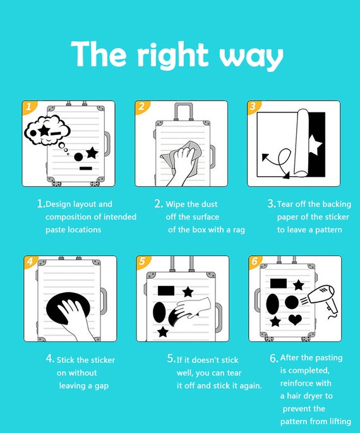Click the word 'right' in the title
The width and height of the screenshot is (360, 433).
click(172, 56)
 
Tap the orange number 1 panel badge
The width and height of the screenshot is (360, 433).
click(28, 106)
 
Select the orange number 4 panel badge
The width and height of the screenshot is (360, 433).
click(30, 261)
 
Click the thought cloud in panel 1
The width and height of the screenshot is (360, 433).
click(47, 130)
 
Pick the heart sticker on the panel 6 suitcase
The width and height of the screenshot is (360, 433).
click(295, 319)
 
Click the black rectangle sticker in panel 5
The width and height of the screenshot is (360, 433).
click(166, 290)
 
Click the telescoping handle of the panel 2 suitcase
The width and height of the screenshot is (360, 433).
click(183, 111)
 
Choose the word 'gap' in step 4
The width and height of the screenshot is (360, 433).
click(102, 386)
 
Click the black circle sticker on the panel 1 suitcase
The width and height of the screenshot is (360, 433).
click(78, 157)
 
